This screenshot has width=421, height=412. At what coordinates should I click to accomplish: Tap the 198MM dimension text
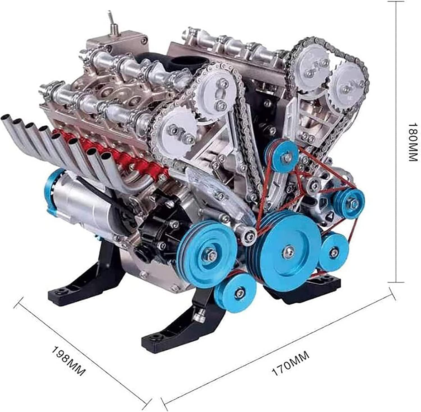[68, 361]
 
